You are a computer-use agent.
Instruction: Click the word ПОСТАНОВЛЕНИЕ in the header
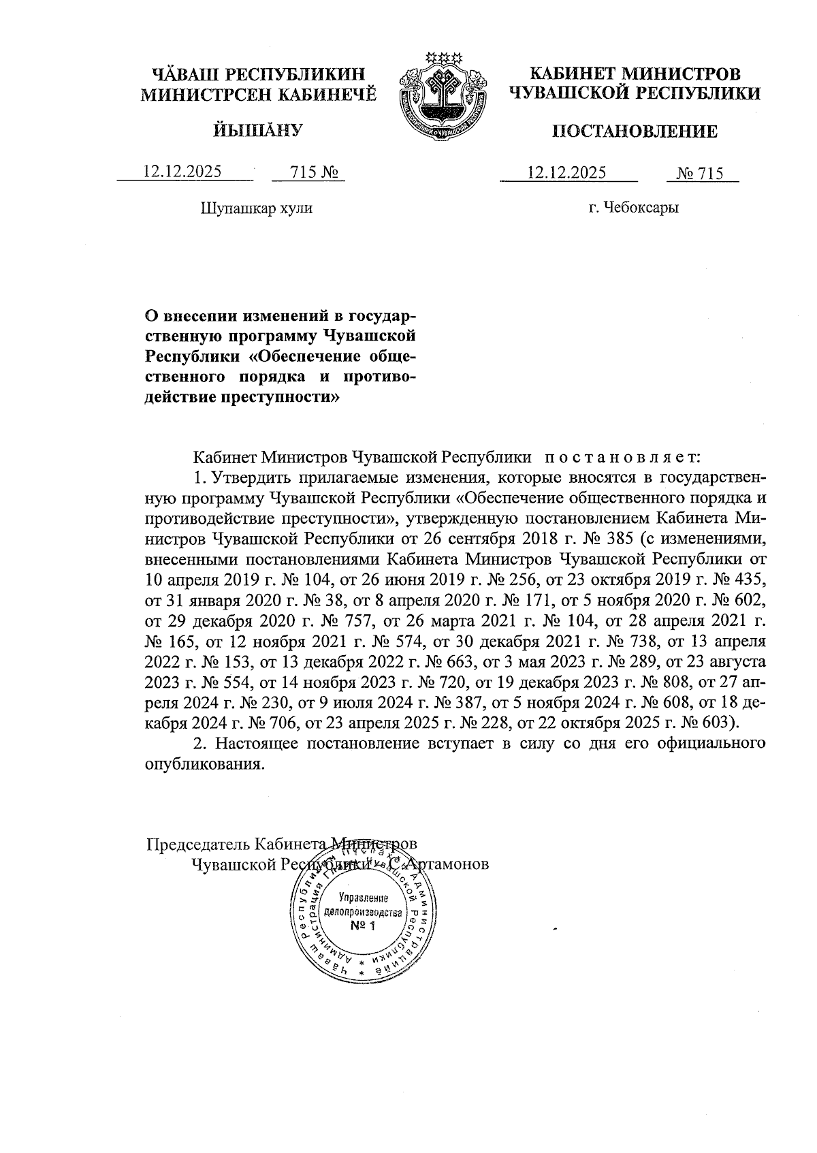[635, 131]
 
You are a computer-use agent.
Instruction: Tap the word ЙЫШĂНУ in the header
[257, 129]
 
